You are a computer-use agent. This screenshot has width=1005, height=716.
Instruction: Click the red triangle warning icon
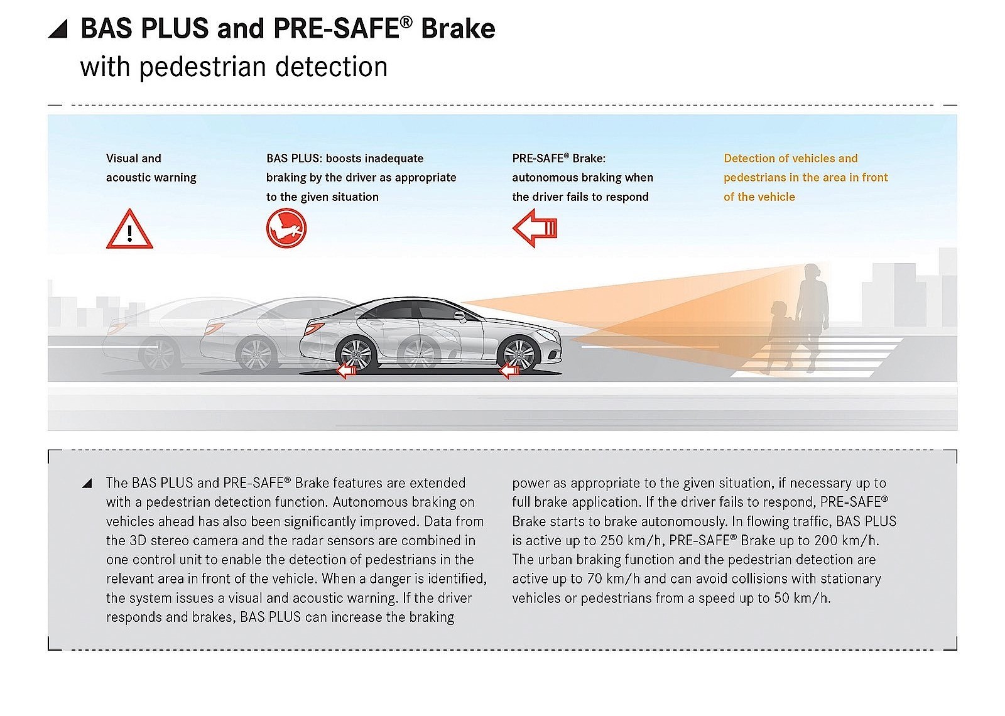point(129,230)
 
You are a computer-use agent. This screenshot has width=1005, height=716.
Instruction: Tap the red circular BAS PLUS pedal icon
point(286,228)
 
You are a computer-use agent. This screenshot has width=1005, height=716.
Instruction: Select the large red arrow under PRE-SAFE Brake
point(535,228)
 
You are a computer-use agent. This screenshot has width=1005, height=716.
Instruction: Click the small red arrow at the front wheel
point(509,371)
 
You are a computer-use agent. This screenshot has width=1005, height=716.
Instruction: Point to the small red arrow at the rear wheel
point(346,371)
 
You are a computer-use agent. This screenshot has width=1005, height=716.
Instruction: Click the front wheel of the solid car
point(519,354)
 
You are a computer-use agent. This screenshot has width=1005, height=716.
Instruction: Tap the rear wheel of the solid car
point(356,354)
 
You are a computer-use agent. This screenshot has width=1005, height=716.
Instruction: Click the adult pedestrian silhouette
point(812,308)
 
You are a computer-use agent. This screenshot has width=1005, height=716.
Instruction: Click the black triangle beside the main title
point(58,29)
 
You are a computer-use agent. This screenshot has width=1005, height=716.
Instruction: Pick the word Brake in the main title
point(458,29)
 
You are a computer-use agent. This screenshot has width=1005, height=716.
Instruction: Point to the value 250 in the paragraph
point(612,540)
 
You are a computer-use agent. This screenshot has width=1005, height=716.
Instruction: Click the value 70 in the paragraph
point(594,578)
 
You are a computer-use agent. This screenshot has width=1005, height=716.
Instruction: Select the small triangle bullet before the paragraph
point(87,483)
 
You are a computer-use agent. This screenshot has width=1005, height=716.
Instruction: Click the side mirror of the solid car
point(460,316)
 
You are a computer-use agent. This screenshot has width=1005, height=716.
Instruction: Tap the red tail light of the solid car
point(315,327)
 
